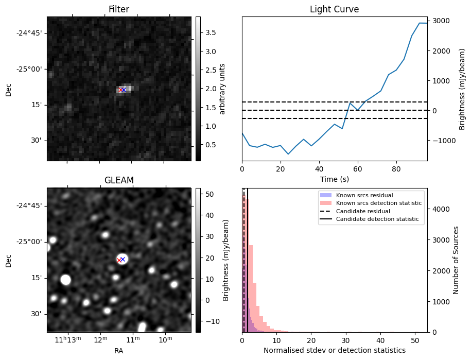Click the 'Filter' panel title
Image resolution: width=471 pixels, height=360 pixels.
tap(119, 9)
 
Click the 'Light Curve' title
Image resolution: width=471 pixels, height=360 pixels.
tap(334, 9)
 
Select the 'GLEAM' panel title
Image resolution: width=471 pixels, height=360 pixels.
tap(119, 180)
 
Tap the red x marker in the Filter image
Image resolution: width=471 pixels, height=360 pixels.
tap(120, 90)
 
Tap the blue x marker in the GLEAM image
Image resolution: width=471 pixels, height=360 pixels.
tap(123, 259)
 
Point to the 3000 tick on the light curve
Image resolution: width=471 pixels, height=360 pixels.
tap(441, 21)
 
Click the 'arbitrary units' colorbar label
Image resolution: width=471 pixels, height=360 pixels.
tap(222, 89)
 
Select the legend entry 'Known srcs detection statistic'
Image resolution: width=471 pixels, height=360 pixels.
tap(378, 203)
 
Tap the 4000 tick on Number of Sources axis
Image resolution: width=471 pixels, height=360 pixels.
tap(439, 209)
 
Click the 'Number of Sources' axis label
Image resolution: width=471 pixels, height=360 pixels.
tap(456, 260)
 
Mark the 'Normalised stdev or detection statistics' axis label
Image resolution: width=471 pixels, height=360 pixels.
tap(334, 350)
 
